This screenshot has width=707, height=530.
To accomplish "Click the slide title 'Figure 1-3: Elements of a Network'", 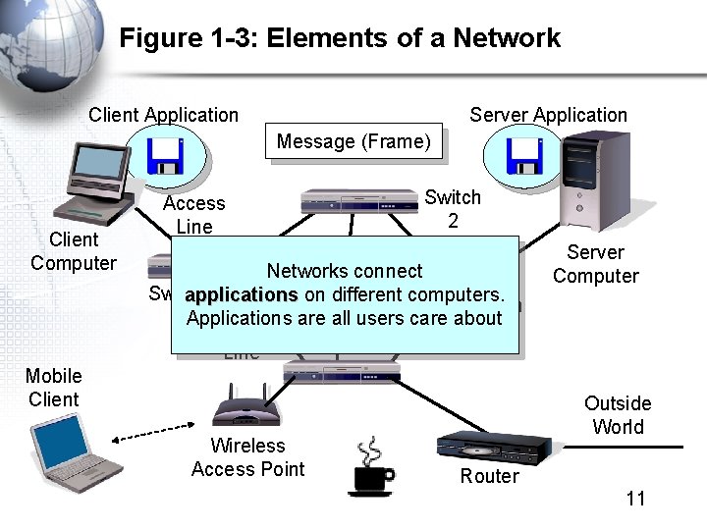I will [x=340, y=38].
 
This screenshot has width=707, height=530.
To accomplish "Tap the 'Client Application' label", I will [x=163, y=115].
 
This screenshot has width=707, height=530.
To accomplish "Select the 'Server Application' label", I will [x=548, y=115].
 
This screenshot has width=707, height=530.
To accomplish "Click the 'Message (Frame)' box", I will [x=353, y=141].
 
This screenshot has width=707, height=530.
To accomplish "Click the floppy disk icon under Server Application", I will [x=521, y=156].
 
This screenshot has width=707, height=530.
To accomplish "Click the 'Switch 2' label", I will [x=453, y=209].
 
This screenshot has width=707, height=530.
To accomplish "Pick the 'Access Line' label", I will [x=193, y=214].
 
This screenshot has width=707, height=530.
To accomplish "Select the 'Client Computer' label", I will [x=73, y=251].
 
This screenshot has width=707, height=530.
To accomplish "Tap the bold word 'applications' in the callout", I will [x=241, y=295].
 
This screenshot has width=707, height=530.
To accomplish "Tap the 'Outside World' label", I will [x=618, y=415].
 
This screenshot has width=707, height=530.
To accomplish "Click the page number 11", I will [x=635, y=499].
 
